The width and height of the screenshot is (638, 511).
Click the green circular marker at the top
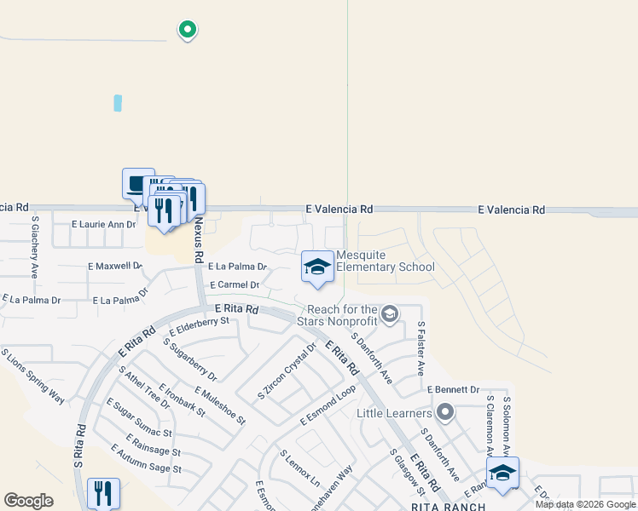(187, 31)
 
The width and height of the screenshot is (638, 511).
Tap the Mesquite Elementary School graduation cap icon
(317, 267)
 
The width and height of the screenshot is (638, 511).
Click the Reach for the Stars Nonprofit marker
(390, 314)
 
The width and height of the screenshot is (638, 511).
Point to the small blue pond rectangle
(118, 103)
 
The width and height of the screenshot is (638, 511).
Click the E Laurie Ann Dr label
(103, 225)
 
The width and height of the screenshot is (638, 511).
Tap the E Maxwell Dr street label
(115, 267)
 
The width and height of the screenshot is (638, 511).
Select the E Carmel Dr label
(234, 285)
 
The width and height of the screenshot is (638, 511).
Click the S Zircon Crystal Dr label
(287, 371)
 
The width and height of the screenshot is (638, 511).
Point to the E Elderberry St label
(200, 326)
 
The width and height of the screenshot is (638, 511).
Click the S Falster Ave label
(420, 349)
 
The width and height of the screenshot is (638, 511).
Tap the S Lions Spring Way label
(33, 376)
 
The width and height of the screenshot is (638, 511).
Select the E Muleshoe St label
(219, 405)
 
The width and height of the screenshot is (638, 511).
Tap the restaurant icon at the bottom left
(103, 492)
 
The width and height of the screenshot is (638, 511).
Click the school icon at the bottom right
(502, 473)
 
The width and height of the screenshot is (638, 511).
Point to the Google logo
(29, 501)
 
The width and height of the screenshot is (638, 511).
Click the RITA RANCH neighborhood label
(448, 506)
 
